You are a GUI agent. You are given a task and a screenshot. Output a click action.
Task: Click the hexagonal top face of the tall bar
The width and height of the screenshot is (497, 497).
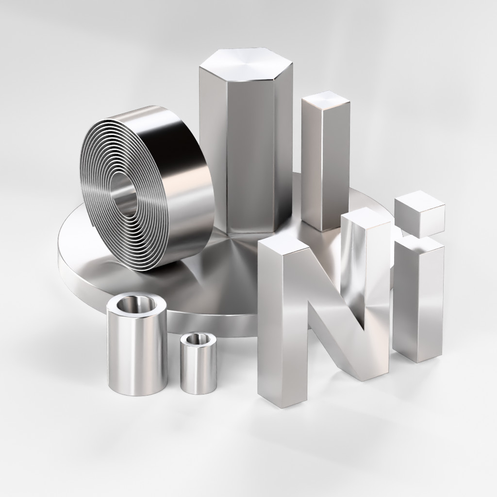(246, 64)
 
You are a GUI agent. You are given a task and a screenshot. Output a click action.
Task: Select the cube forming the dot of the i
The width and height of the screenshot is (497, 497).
(419, 214)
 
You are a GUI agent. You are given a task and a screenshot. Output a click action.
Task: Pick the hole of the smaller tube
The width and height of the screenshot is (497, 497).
(199, 339)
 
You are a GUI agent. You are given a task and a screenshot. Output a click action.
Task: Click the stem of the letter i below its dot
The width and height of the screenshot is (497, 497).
(418, 304)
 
